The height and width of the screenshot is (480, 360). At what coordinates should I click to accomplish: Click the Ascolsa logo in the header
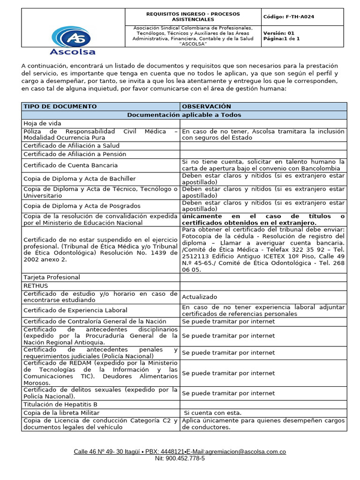click(73, 39)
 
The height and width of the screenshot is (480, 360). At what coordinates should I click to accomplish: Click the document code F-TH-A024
click(289, 17)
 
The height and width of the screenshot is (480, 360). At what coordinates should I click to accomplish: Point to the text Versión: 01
click(279, 33)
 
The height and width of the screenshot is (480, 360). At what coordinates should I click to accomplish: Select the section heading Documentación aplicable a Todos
click(184, 115)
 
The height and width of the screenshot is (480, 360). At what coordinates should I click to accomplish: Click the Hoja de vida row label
click(43, 123)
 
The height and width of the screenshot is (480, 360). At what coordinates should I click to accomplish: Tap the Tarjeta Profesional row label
click(52, 277)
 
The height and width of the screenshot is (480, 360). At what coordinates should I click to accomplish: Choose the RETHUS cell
click(36, 285)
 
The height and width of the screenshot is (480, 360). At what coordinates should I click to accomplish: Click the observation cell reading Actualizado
click(199, 297)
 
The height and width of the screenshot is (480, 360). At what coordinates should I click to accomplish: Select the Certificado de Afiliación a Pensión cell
click(75, 154)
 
